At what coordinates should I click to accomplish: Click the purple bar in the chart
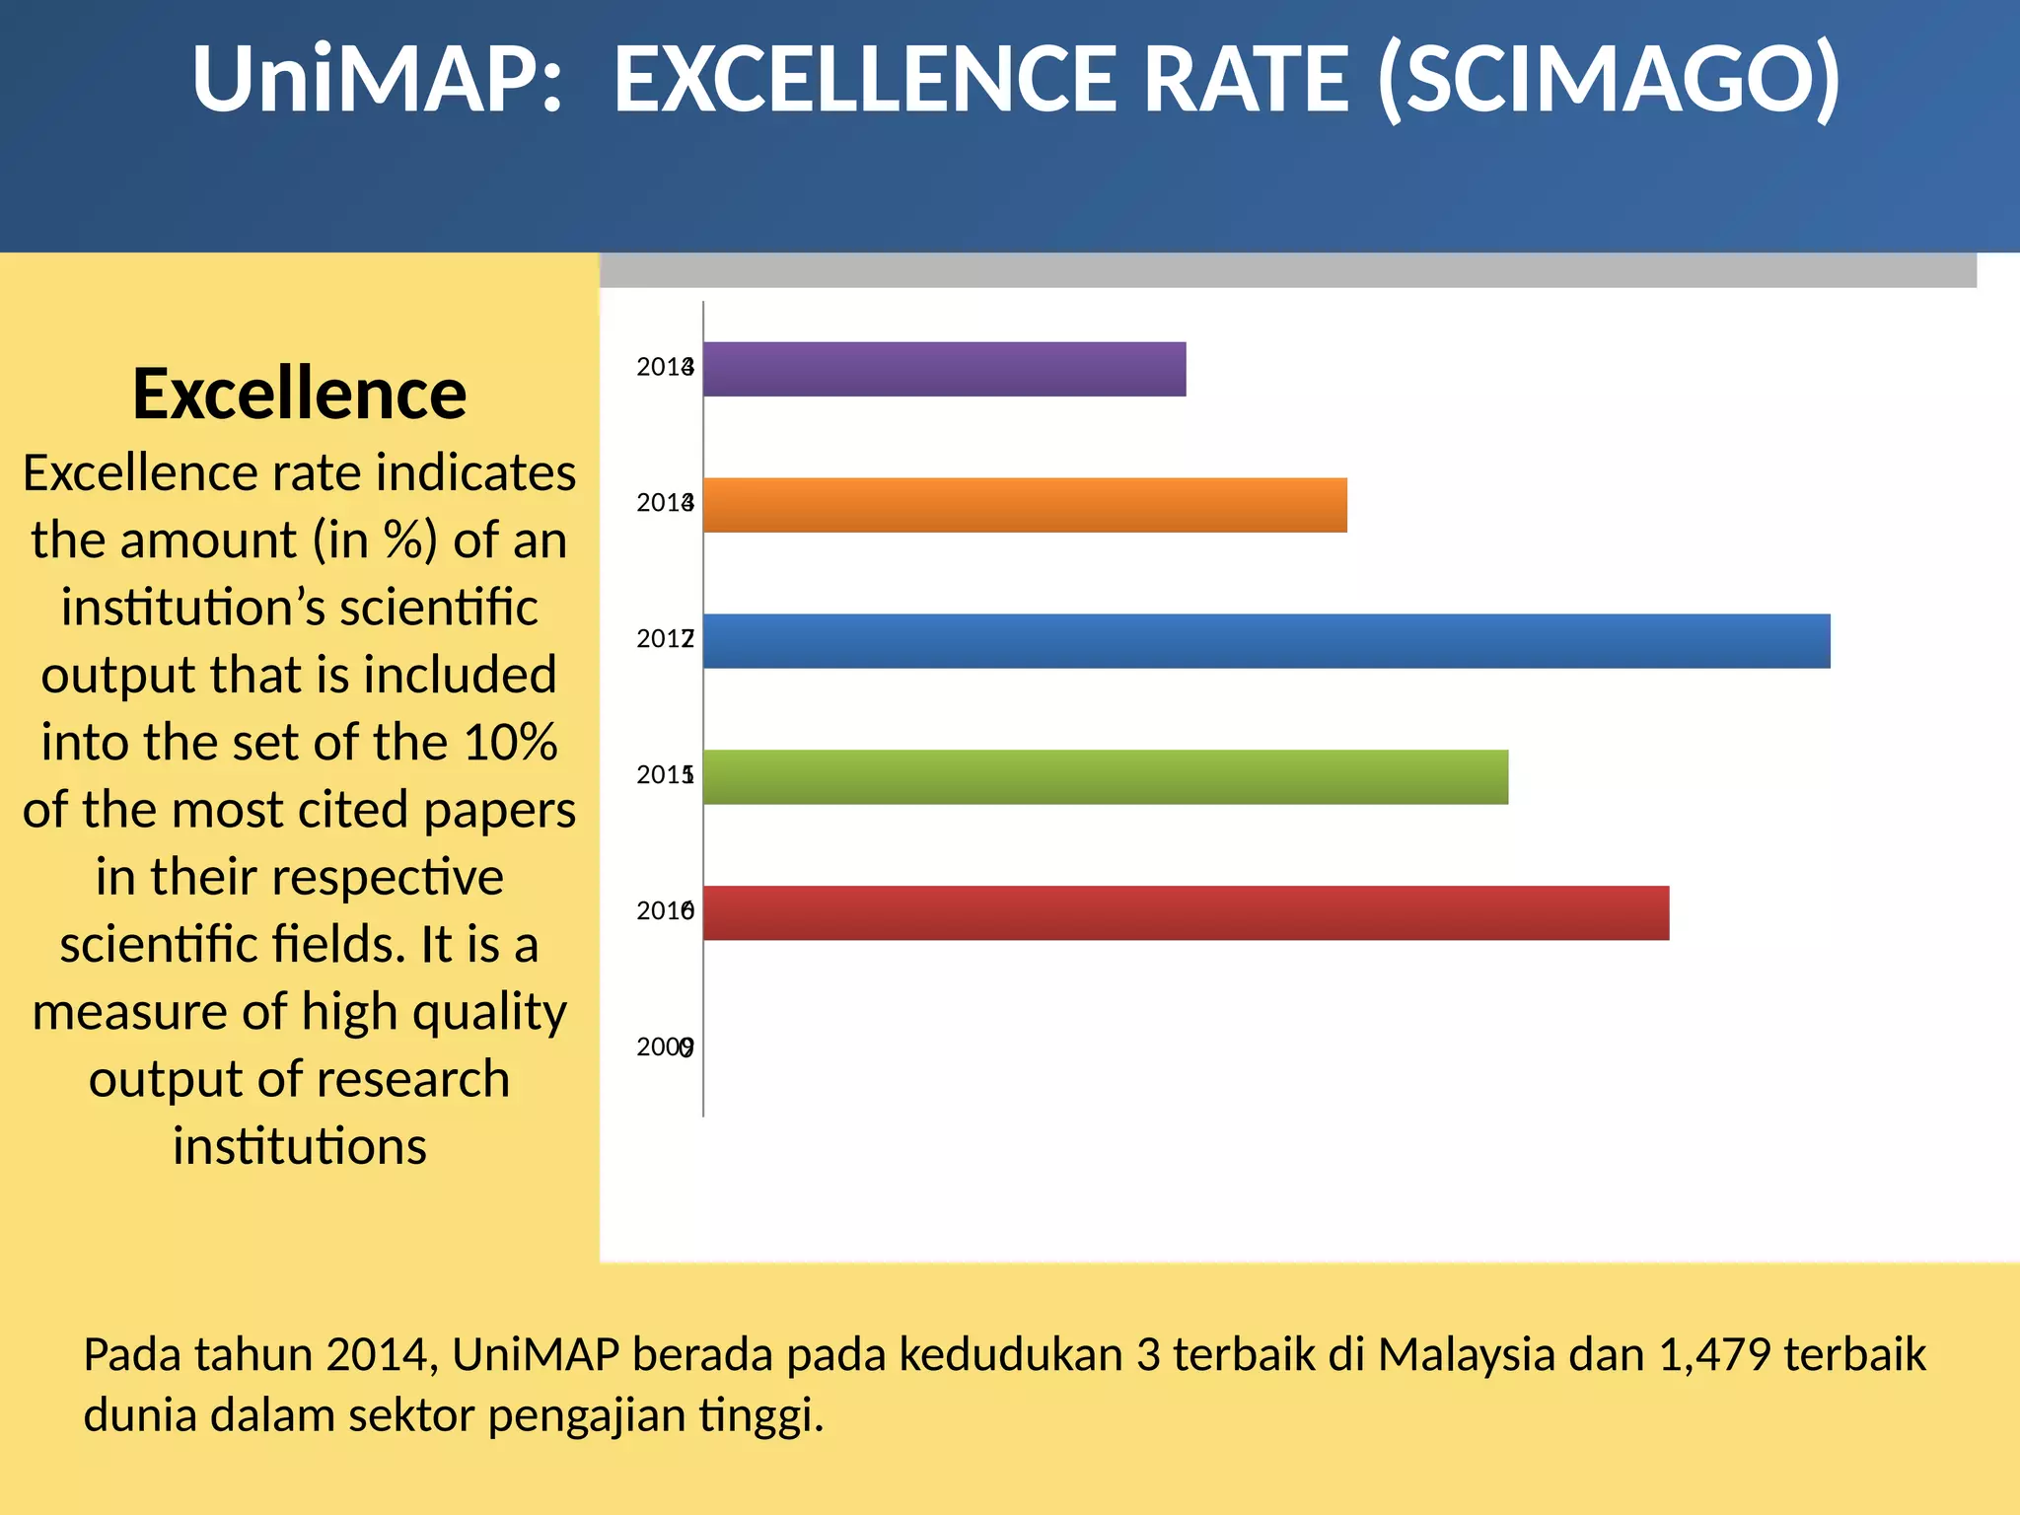(x=944, y=369)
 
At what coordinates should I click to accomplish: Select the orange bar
(x=1025, y=505)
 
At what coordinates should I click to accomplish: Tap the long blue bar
(x=1266, y=641)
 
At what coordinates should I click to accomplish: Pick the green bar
(x=1105, y=777)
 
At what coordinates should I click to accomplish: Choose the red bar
(x=1186, y=913)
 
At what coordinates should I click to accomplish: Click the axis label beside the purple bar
(x=665, y=368)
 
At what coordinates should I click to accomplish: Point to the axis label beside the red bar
(x=665, y=911)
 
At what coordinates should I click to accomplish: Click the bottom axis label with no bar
(x=665, y=1047)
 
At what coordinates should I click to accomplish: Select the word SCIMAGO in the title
(x=1610, y=81)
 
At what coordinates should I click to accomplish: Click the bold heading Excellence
(x=299, y=394)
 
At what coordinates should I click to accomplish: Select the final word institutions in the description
(x=299, y=1146)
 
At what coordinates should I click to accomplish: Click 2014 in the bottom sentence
(x=381, y=1355)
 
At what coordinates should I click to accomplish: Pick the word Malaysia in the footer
(x=1466, y=1355)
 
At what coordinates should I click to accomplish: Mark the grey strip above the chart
(x=1287, y=270)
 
